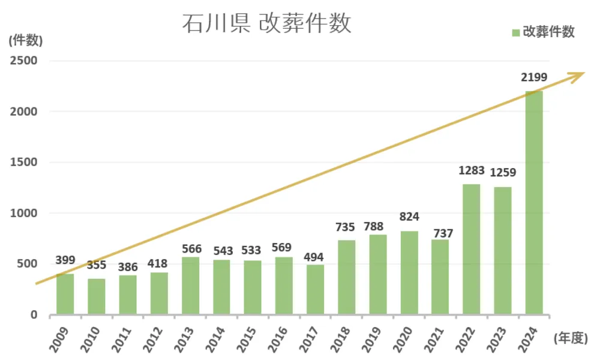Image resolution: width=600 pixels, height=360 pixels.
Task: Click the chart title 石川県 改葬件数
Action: tap(266, 24)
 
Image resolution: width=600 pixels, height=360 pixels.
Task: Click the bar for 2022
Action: tap(472, 249)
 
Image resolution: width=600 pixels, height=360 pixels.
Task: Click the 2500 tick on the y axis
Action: tap(23, 61)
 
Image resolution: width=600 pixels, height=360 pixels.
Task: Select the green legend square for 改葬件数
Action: tap(515, 33)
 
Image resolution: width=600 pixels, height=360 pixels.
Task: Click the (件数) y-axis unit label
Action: tap(26, 40)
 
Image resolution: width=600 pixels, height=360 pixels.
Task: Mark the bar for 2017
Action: tap(315, 289)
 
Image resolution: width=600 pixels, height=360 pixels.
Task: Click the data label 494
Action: tap(315, 257)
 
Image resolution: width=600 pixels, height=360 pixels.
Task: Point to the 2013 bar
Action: tap(190, 286)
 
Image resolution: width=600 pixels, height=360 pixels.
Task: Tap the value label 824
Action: tap(409, 217)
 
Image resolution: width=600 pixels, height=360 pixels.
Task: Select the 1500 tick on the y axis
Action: tap(23, 162)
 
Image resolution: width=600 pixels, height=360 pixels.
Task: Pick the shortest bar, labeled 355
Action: tap(97, 296)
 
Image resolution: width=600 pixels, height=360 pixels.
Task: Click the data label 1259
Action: tap(503, 173)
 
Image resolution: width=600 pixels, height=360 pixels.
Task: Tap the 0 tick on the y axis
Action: tap(33, 314)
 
